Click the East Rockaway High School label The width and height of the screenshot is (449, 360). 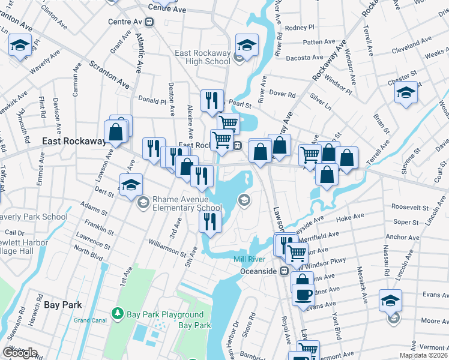click(x=202, y=57)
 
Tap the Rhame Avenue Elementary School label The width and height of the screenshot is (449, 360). click(x=185, y=203)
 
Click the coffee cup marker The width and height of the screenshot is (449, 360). click(x=303, y=294)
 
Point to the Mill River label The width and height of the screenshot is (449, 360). click(x=249, y=259)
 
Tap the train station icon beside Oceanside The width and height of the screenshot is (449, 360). click(x=285, y=271)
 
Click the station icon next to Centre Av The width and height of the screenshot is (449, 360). click(x=149, y=22)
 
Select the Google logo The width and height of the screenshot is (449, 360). click(x=19, y=353)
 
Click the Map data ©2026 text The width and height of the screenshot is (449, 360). click(x=423, y=355)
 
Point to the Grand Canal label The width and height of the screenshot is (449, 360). click(x=89, y=320)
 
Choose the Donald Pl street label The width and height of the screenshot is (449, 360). click(x=151, y=101)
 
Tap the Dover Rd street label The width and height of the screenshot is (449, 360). click(x=282, y=94)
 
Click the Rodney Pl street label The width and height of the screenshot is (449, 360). click(x=300, y=28)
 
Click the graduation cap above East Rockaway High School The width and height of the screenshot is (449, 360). click(x=246, y=44)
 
